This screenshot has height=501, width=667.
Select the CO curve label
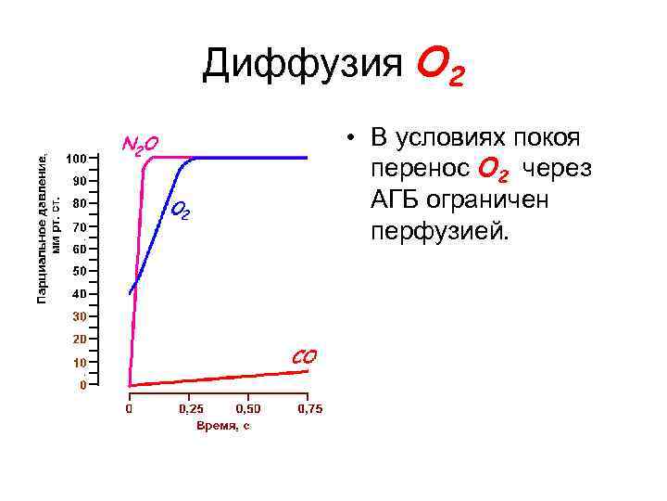305,356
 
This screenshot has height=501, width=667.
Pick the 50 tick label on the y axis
79,271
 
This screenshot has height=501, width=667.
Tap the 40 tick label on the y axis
79,294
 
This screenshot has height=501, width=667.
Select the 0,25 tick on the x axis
192,408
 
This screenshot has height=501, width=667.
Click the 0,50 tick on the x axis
248,408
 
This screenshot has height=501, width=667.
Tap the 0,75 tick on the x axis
309,408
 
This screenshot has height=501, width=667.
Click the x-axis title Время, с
222,426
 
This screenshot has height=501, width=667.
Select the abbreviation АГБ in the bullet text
398,199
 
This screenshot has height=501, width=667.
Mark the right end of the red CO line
308,371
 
